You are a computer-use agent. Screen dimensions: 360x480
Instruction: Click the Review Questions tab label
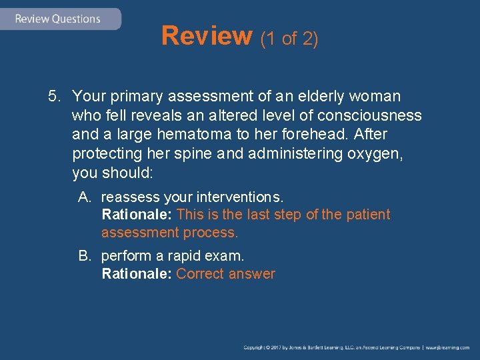(57, 19)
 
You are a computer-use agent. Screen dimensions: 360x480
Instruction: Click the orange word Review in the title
(206, 37)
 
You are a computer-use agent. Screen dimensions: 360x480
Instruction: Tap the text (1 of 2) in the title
(289, 39)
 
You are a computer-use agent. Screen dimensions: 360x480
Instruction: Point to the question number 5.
(54, 97)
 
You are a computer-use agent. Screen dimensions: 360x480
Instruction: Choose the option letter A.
(84, 197)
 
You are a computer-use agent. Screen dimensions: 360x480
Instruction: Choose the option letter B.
(84, 256)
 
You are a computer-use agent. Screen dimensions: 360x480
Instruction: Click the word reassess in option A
(130, 197)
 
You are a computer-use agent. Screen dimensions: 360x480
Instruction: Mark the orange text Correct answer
(226, 274)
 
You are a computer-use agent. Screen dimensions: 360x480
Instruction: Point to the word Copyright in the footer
(257, 347)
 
